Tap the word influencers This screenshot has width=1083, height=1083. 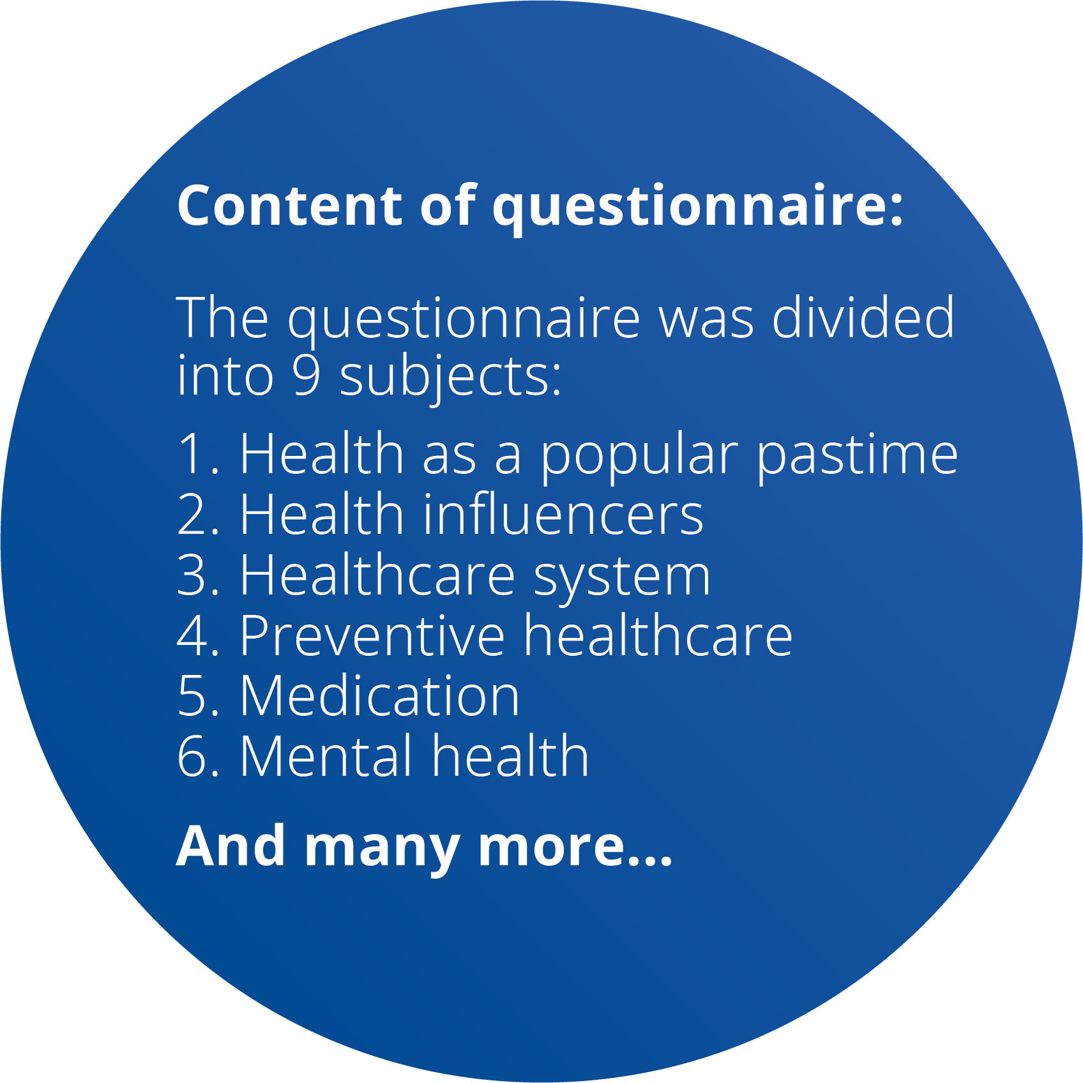click(x=563, y=514)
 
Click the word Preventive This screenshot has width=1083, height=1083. click(x=372, y=635)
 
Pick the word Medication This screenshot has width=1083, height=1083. click(x=380, y=695)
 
